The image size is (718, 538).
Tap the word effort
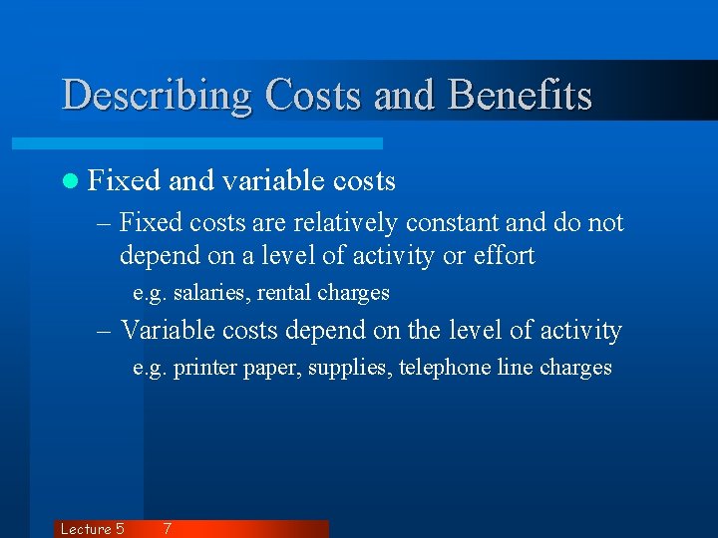[503, 256]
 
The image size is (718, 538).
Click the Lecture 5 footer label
[92, 529]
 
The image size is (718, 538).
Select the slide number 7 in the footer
[167, 529]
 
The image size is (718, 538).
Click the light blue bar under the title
[219, 143]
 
